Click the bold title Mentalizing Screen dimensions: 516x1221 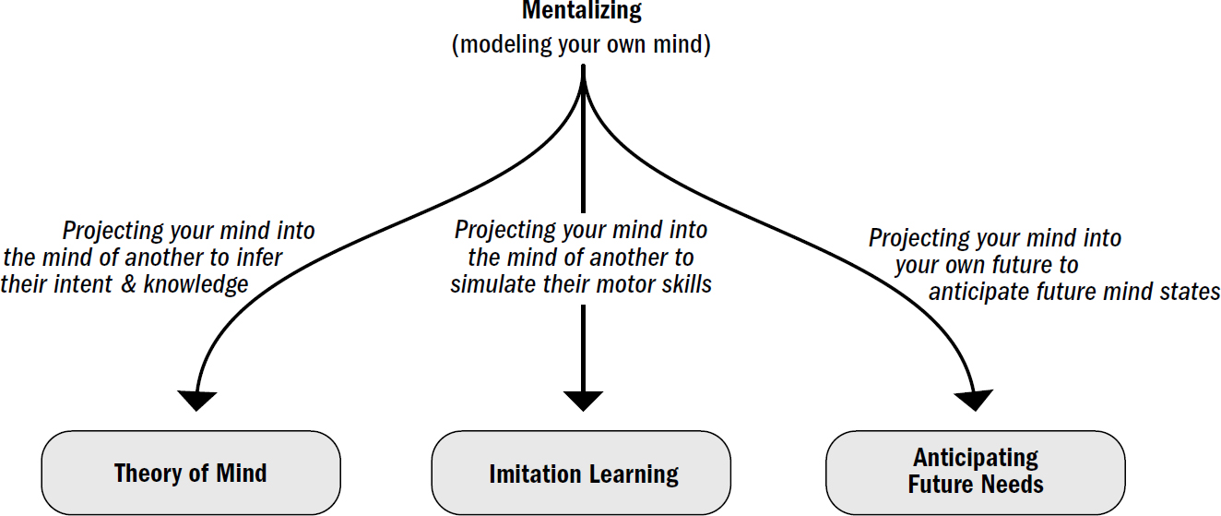tap(581, 12)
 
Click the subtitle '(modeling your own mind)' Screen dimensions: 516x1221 tap(581, 45)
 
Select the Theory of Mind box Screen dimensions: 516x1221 tap(191, 474)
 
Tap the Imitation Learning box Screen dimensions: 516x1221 tap(581, 474)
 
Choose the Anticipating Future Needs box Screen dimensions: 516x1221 tap(975, 472)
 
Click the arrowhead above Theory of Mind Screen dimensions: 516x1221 tap(196, 400)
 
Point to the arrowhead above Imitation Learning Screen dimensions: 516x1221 tap(583, 400)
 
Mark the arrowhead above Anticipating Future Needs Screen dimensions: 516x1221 tap(974, 400)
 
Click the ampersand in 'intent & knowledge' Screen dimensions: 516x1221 tap(129, 284)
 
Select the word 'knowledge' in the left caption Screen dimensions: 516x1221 tap(196, 284)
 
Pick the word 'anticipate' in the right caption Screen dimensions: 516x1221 tap(983, 292)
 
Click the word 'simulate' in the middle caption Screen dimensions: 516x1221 tap(489, 284)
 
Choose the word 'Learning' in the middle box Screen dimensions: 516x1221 tap(634, 474)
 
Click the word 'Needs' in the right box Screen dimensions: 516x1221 tap(1013, 484)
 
